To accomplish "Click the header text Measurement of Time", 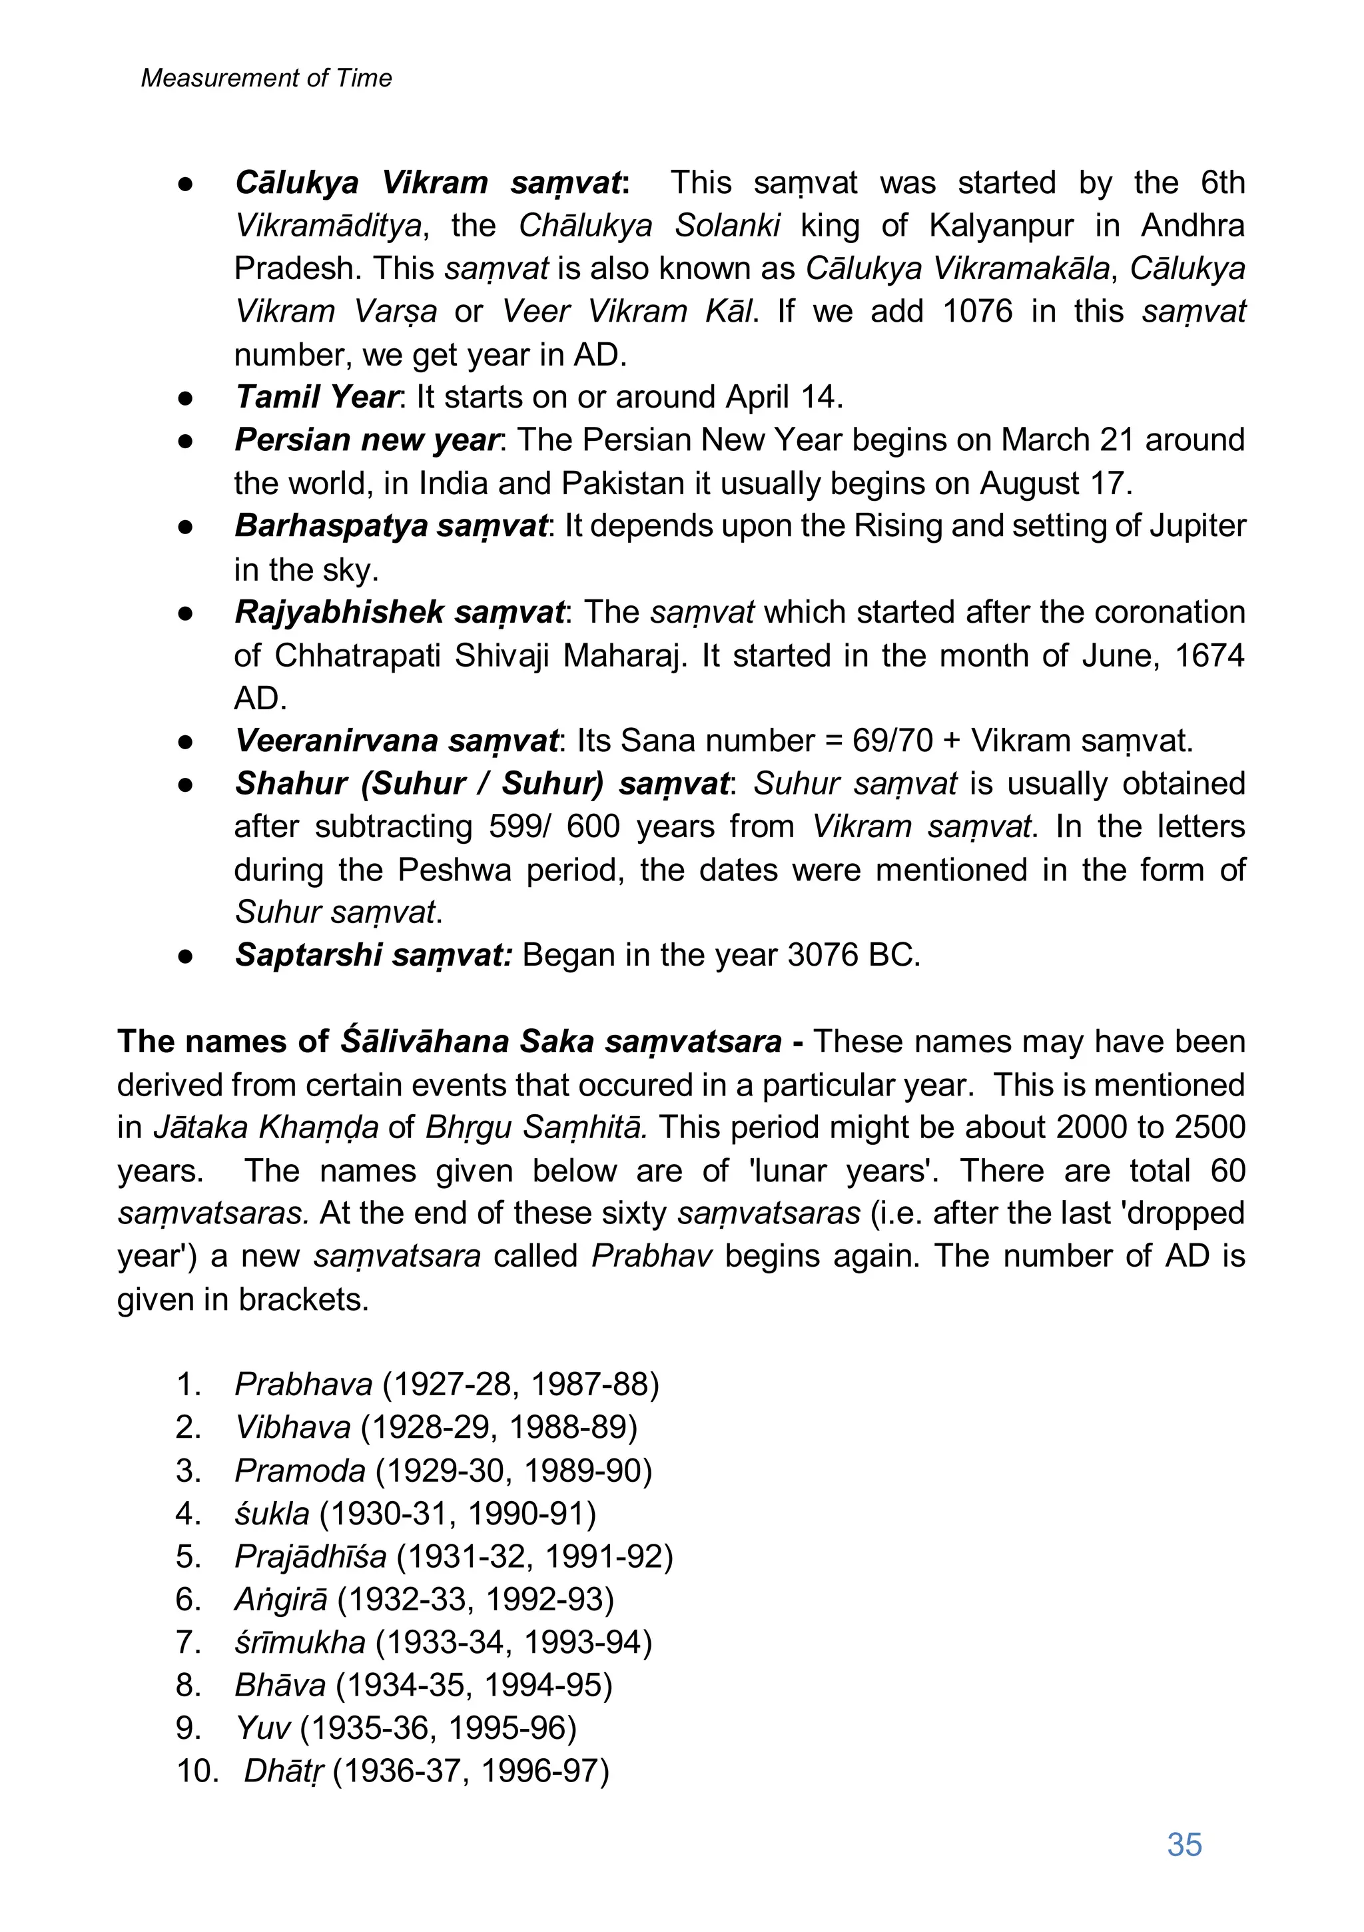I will [x=266, y=79].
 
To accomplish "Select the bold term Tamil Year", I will [x=316, y=396].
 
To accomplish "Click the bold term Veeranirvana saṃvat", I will [x=396, y=741].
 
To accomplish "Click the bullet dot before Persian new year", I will [x=186, y=441].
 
